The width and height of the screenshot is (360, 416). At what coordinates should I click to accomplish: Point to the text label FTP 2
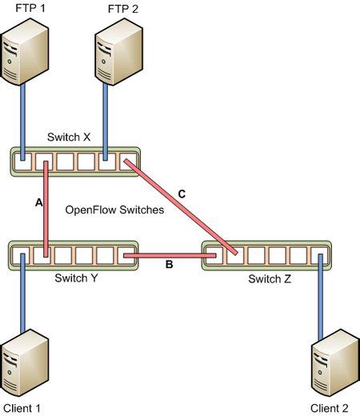[121, 7]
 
